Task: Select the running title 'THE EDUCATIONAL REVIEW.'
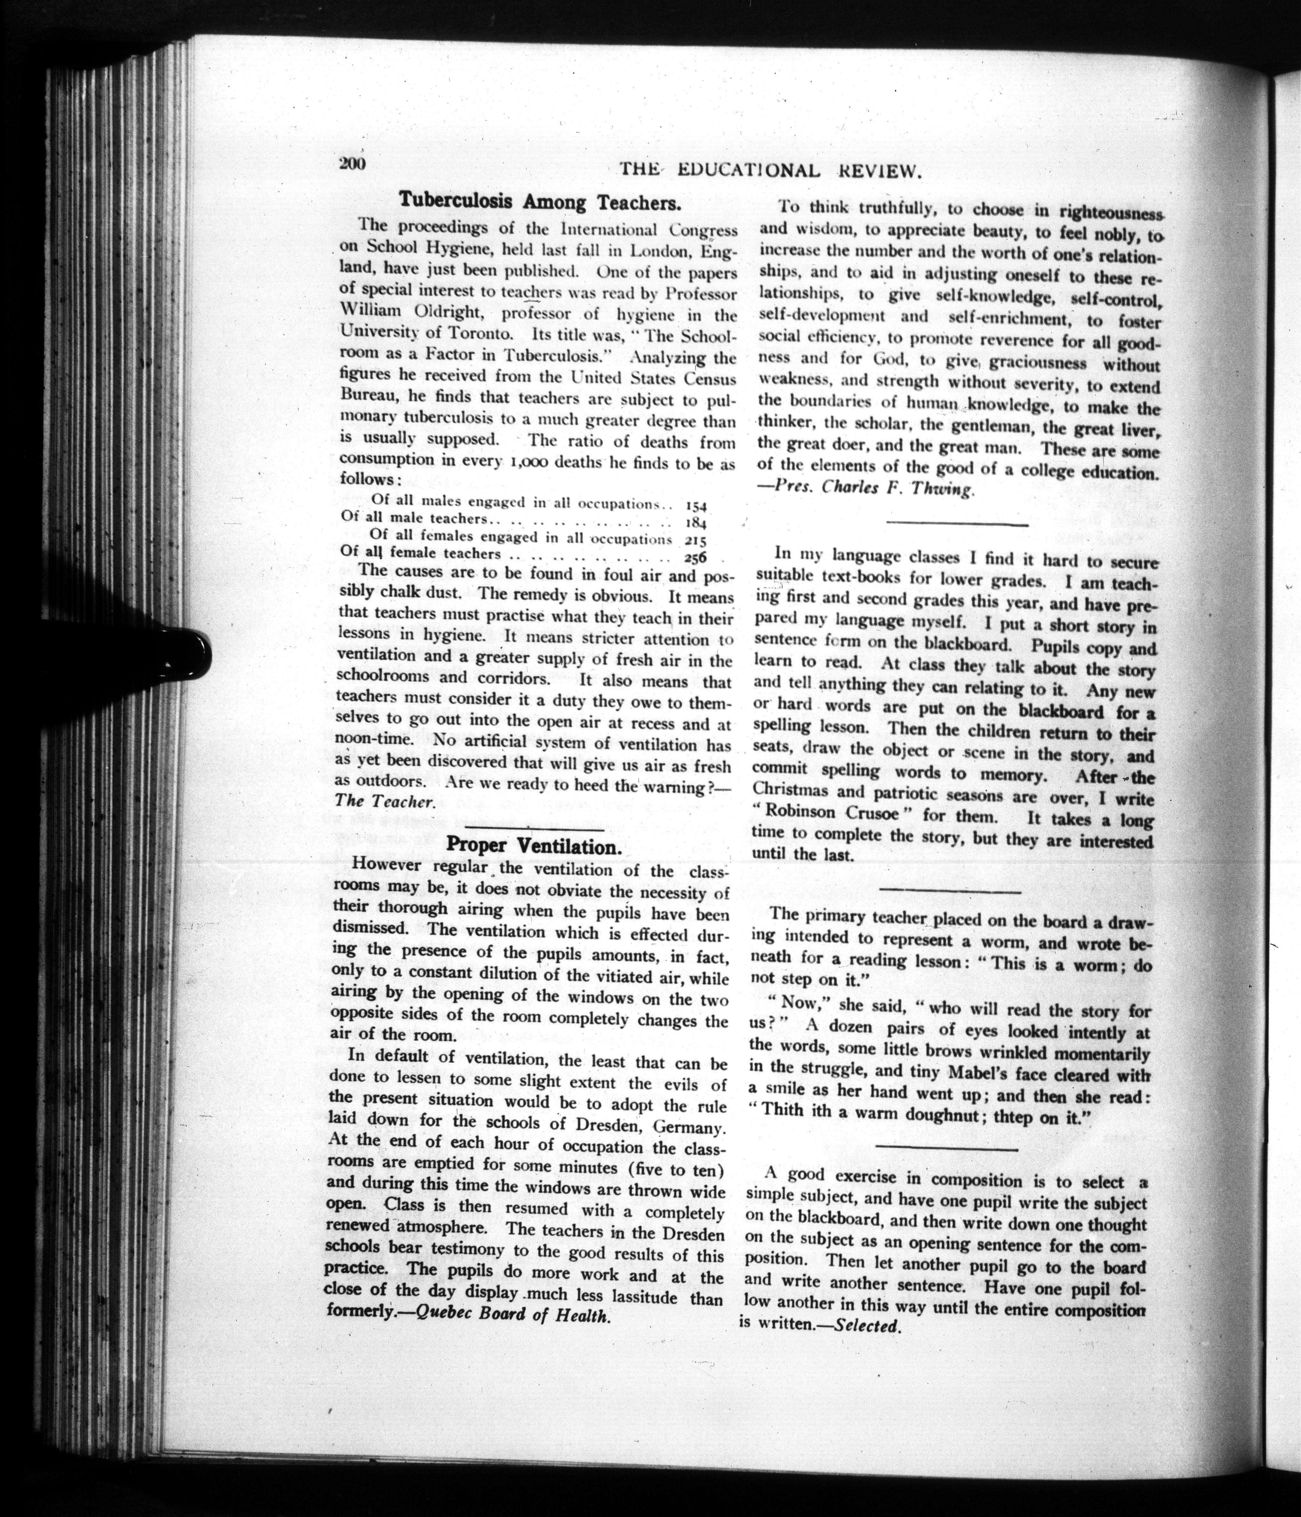[768, 171]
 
